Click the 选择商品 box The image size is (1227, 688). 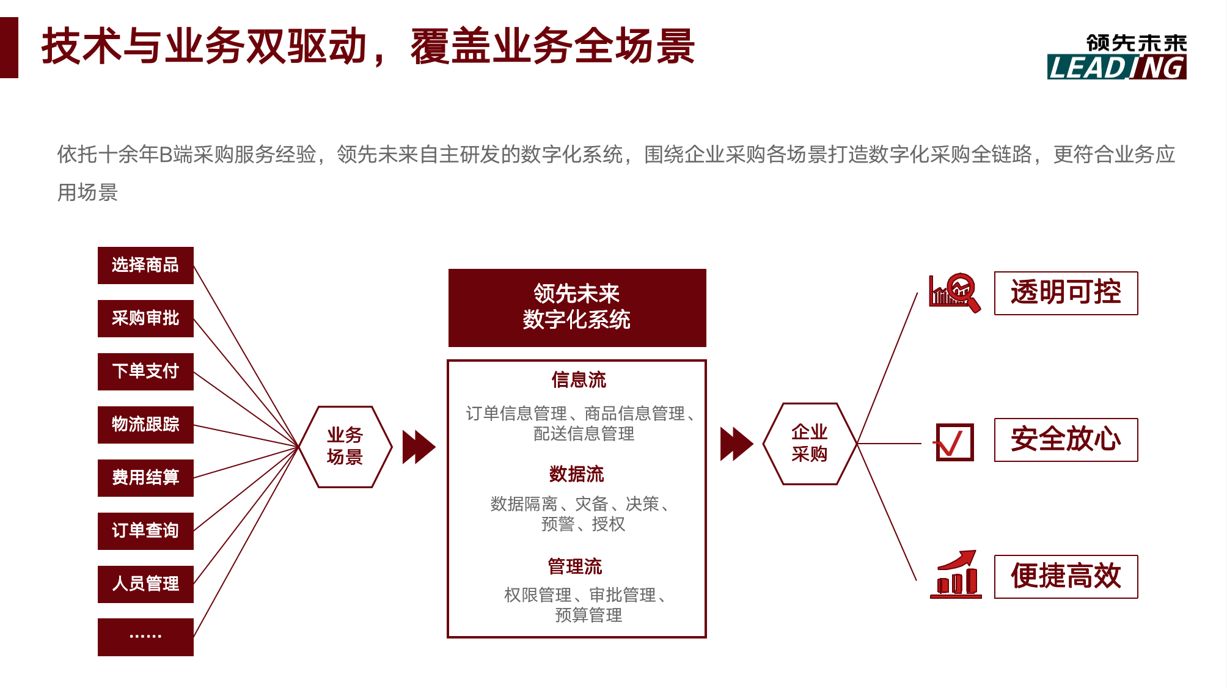pos(145,265)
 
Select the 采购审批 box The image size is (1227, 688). pos(145,318)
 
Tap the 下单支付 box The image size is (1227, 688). pos(145,371)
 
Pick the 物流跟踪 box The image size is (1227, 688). pos(145,425)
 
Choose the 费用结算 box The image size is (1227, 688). pos(145,478)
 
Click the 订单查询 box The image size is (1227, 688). pos(145,531)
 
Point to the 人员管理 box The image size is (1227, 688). pos(145,584)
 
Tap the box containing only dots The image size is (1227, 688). pos(145,637)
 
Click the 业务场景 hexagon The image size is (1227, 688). pos(345,447)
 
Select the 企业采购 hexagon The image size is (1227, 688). pos(810,444)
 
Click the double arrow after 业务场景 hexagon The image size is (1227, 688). pos(419,447)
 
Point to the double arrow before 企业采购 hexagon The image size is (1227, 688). pos(737,444)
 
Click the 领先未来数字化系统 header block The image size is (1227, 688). pos(577,308)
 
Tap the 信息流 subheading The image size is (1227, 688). pos(579,380)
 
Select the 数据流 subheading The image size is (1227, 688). pos(576,474)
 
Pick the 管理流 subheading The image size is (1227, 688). pos(575,566)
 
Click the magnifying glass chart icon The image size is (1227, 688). pos(954,293)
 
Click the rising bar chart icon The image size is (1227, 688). pos(956,574)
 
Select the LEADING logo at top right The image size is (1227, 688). pos(1117,57)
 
